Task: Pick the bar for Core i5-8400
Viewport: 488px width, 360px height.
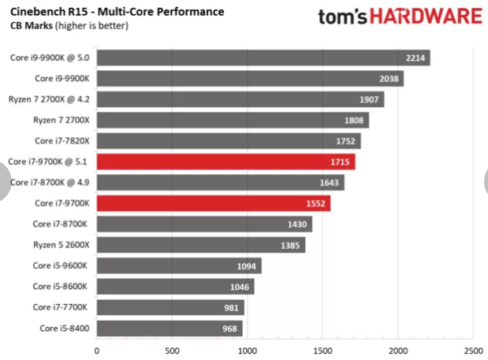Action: coord(169,328)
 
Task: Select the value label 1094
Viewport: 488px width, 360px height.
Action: coord(248,266)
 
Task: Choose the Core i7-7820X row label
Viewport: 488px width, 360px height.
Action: coord(61,141)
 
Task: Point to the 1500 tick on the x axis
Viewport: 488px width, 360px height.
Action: coord(322,351)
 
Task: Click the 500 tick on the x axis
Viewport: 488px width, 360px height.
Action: coord(172,351)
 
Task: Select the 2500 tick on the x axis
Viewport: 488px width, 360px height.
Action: coord(472,351)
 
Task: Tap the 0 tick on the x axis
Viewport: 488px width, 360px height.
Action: coord(97,351)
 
